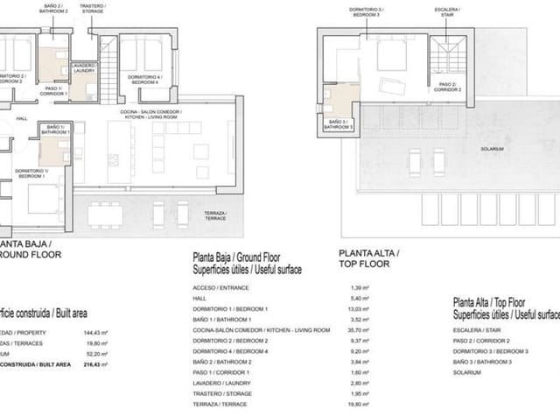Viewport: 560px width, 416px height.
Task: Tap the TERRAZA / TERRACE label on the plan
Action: [214, 215]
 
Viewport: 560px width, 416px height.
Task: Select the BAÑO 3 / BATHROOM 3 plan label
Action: [338, 124]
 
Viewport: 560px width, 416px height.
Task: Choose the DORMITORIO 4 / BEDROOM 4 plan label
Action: [144, 78]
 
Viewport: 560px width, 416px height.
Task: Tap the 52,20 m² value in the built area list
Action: [92, 353]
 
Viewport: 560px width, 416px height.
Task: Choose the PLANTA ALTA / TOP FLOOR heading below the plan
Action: [368, 257]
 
